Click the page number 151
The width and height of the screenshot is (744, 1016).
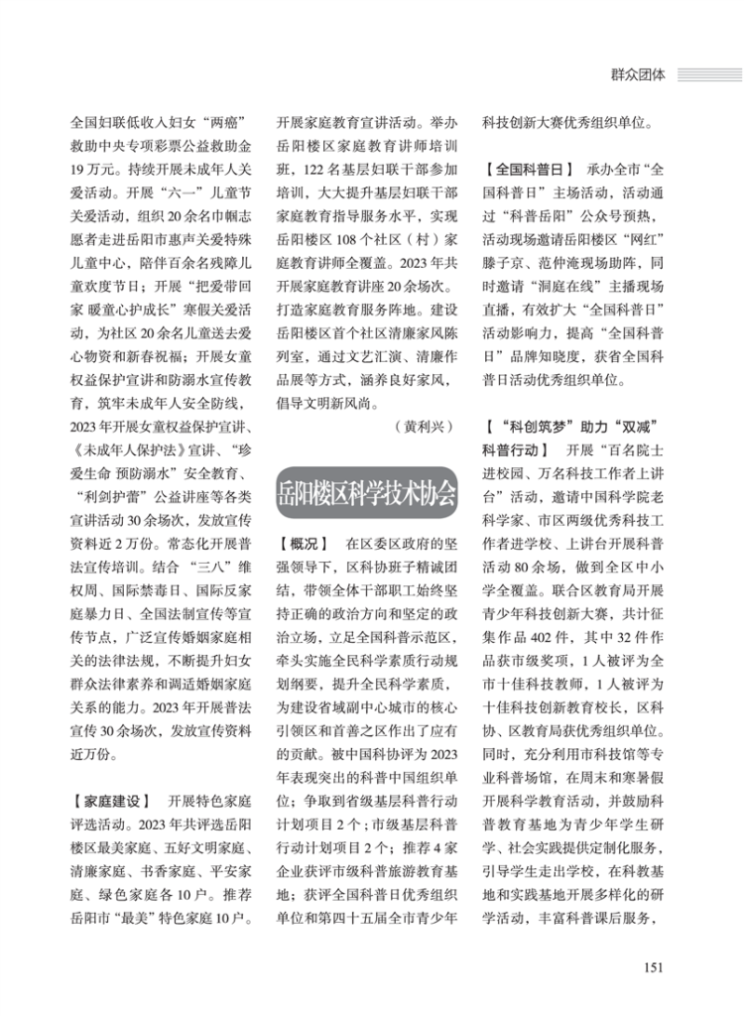pos(653,968)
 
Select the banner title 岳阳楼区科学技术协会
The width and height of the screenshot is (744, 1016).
pos(367,492)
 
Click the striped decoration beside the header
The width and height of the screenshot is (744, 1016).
pos(708,72)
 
